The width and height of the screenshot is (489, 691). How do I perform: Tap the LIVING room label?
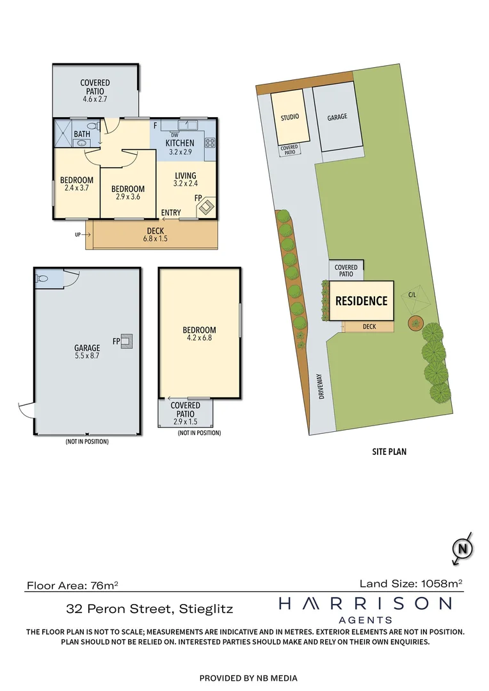tap(185, 175)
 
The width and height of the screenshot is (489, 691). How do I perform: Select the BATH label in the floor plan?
tap(82, 134)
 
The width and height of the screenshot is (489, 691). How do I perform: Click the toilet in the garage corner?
tap(43, 279)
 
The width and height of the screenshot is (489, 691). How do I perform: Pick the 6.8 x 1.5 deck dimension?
tap(155, 240)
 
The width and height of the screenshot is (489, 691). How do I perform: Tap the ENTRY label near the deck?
tap(171, 212)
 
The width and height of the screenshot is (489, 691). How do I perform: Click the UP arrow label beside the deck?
tap(78, 235)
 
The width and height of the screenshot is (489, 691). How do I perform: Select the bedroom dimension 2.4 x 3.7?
tap(77, 189)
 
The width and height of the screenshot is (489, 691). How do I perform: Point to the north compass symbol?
tap(462, 548)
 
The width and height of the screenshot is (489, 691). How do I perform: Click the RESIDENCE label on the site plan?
tap(362, 301)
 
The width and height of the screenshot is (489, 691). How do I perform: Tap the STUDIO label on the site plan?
tap(290, 118)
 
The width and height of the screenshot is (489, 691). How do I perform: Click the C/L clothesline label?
tap(413, 296)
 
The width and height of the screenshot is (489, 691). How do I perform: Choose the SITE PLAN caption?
tap(389, 452)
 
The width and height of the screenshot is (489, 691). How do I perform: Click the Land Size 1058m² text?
tap(411, 583)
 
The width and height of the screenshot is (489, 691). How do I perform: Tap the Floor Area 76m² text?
tap(72, 585)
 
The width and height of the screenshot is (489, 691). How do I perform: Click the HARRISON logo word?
tap(365, 603)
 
